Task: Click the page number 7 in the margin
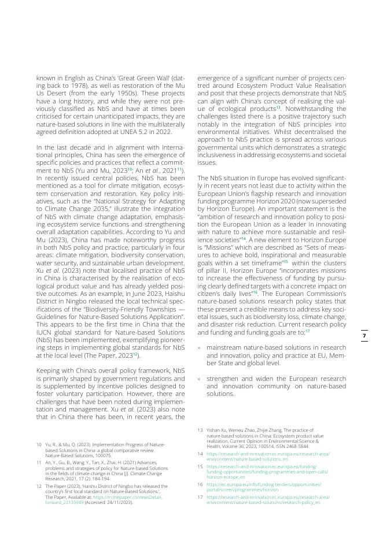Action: coord(364,336)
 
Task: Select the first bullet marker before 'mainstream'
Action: coord(200,348)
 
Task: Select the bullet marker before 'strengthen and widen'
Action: coord(200,379)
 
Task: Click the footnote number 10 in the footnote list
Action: coord(39,444)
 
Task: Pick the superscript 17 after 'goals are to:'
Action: coord(308,331)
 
